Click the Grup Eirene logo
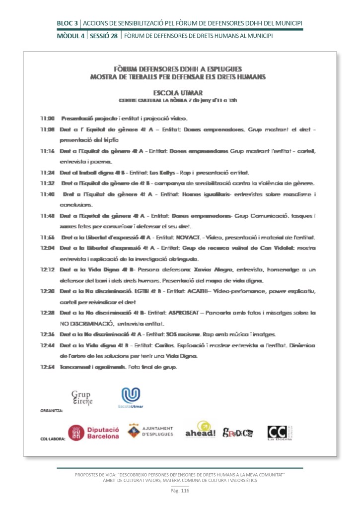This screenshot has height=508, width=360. [82, 398]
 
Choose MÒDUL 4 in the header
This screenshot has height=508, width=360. [72, 36]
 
